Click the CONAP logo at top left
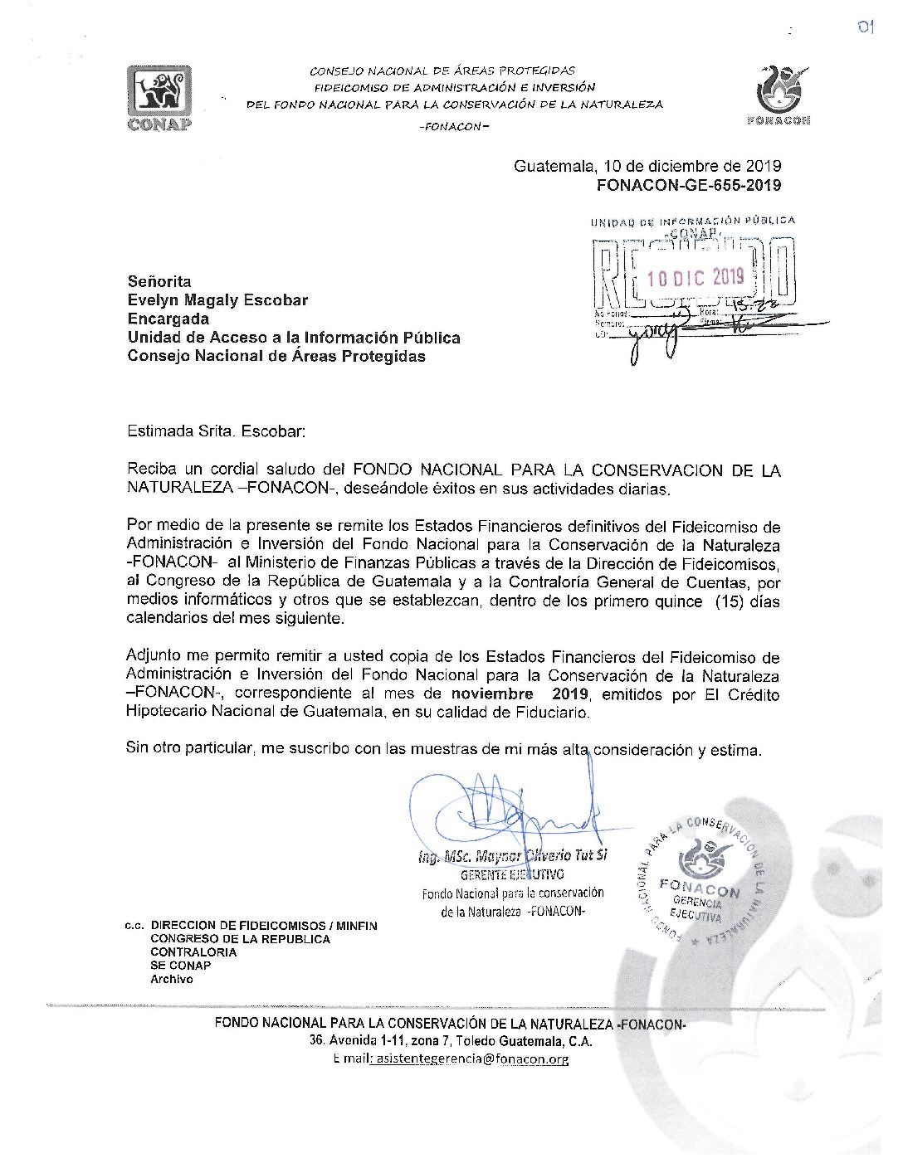coord(159,97)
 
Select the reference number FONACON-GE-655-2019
coord(688,185)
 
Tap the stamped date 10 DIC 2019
coord(696,277)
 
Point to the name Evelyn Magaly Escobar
coord(217,300)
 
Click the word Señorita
coord(159,281)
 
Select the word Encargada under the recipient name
coord(168,319)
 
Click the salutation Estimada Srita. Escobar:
coord(217,431)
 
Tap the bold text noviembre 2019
coord(520,693)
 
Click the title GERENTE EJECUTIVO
coord(512,874)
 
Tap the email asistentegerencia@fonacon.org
coord(471,1059)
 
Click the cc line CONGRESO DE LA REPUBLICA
coord(240,939)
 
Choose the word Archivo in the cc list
coord(172,979)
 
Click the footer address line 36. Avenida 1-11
coord(451,1041)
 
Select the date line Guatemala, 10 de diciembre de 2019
coord(647,166)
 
